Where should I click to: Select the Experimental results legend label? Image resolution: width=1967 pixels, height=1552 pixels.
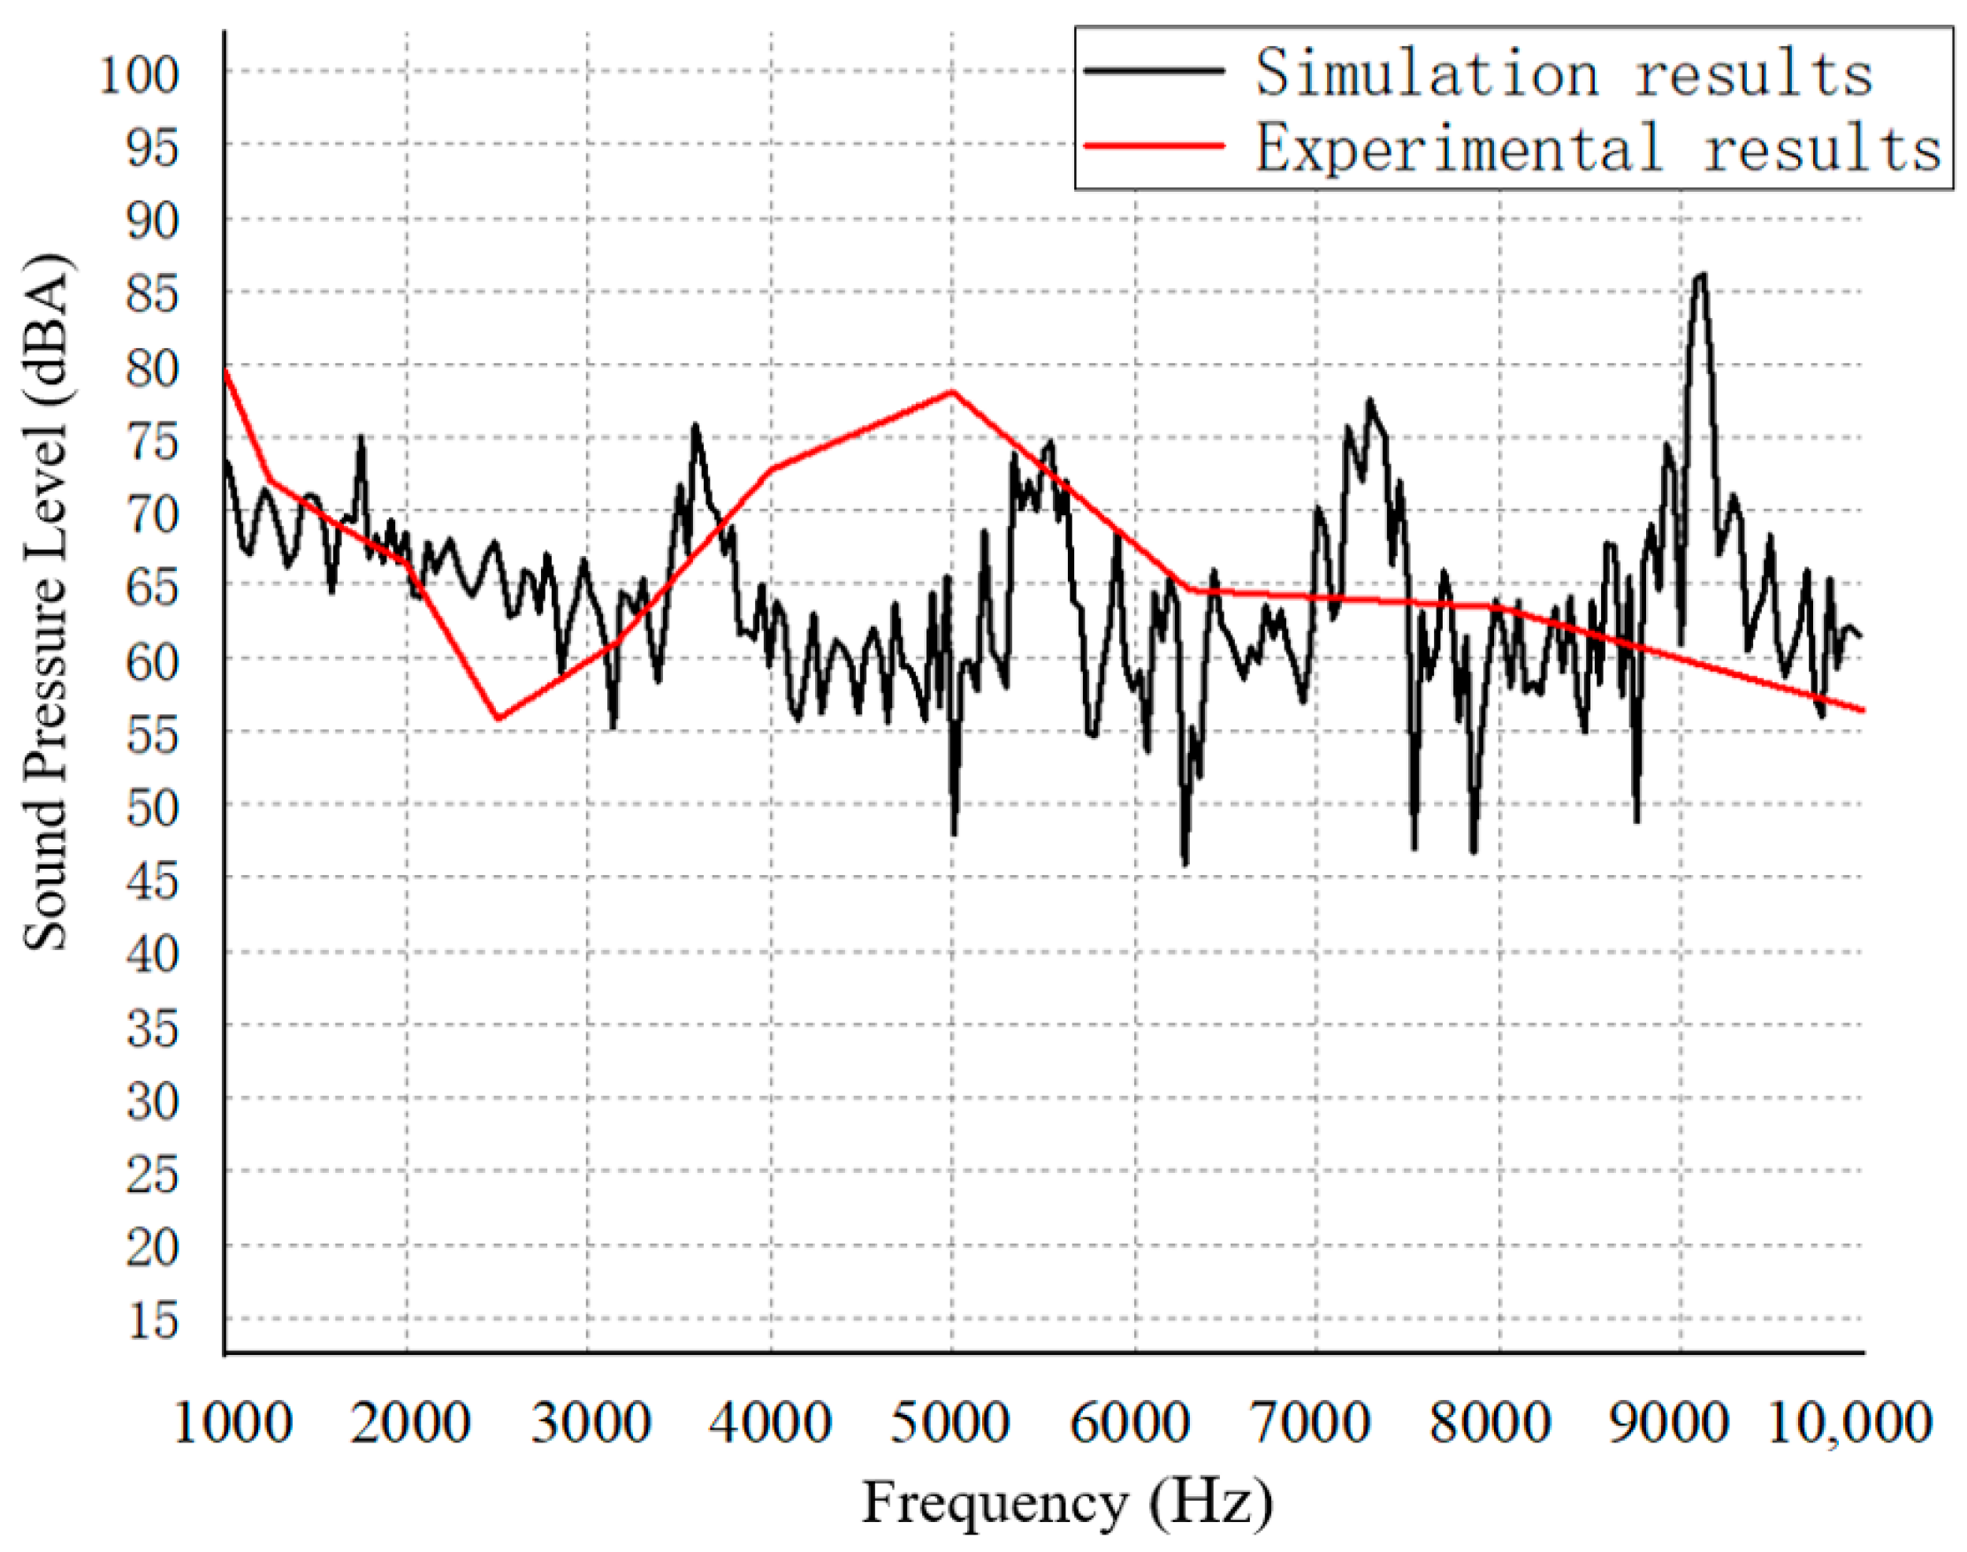click(1598, 148)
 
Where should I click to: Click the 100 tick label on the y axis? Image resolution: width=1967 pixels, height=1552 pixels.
click(139, 74)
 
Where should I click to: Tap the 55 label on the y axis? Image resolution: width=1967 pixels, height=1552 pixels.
click(153, 734)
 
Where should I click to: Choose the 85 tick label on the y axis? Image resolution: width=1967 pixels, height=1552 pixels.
click(153, 294)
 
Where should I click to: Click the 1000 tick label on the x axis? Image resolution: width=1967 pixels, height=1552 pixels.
click(233, 1423)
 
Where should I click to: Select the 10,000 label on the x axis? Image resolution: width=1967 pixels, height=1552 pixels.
click(1849, 1423)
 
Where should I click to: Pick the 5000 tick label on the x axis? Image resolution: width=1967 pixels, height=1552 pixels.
click(949, 1423)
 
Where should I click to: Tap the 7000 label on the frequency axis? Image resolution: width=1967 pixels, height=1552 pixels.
click(1311, 1423)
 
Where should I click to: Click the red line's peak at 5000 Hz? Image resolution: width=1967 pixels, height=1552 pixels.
click(952, 392)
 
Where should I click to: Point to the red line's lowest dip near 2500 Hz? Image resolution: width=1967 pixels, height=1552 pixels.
click(498, 718)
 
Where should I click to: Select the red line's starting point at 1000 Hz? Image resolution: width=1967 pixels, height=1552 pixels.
click(225, 370)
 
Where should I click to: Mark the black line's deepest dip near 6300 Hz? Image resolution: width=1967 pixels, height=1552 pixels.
click(1186, 863)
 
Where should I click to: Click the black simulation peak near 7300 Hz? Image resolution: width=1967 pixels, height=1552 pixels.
click(1369, 400)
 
